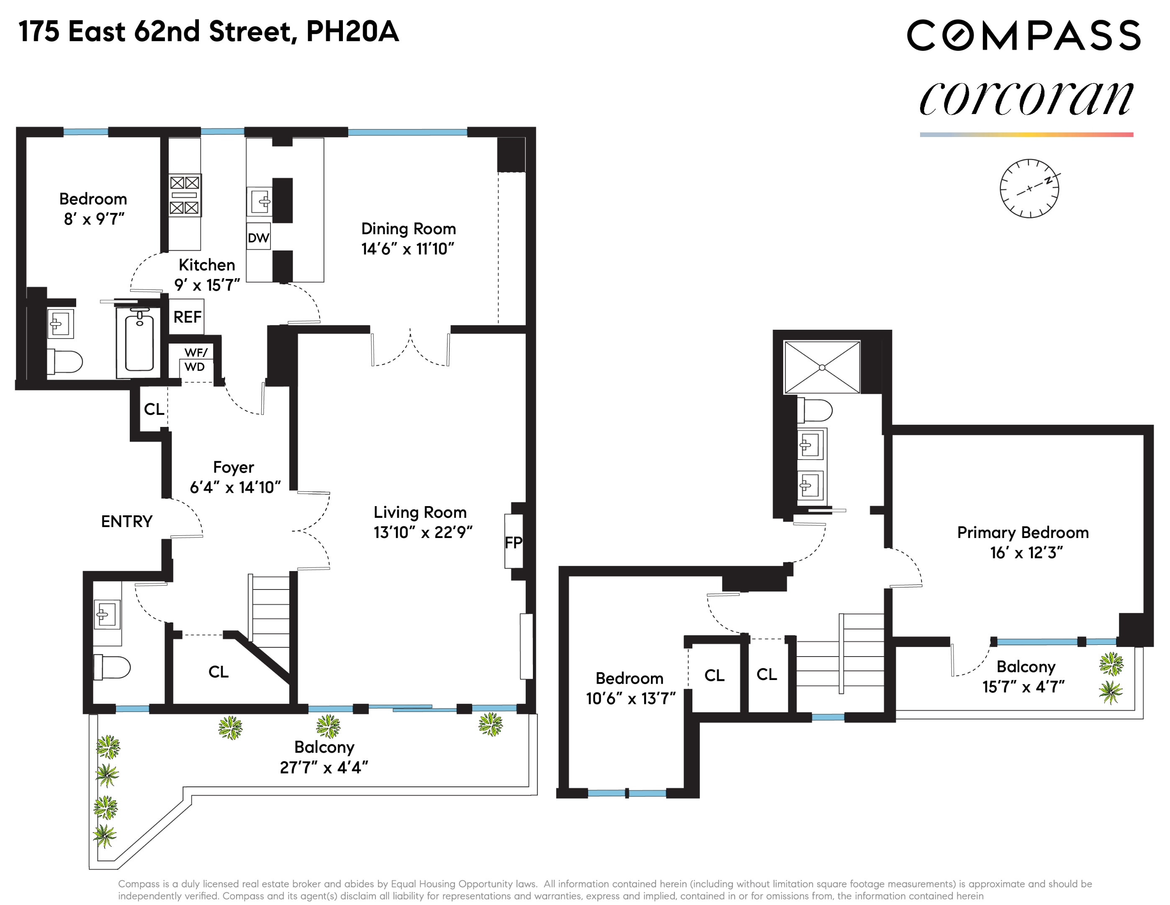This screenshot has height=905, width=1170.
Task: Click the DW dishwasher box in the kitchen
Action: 258,237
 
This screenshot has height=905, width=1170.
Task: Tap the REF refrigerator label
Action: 187,317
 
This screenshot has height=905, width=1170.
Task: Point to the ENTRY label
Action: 126,521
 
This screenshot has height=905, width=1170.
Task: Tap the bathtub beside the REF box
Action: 139,341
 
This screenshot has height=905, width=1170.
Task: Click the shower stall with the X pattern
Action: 822,367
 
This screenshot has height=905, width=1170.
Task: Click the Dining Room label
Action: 408,229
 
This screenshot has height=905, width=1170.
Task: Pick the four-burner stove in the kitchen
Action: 184,195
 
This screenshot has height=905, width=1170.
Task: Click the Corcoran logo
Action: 1026,98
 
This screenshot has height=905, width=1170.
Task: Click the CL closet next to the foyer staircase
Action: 218,672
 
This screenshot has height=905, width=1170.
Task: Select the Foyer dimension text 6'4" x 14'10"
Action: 235,487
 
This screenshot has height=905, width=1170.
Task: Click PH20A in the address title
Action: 352,31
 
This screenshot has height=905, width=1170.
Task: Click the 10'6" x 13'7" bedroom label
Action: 630,698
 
